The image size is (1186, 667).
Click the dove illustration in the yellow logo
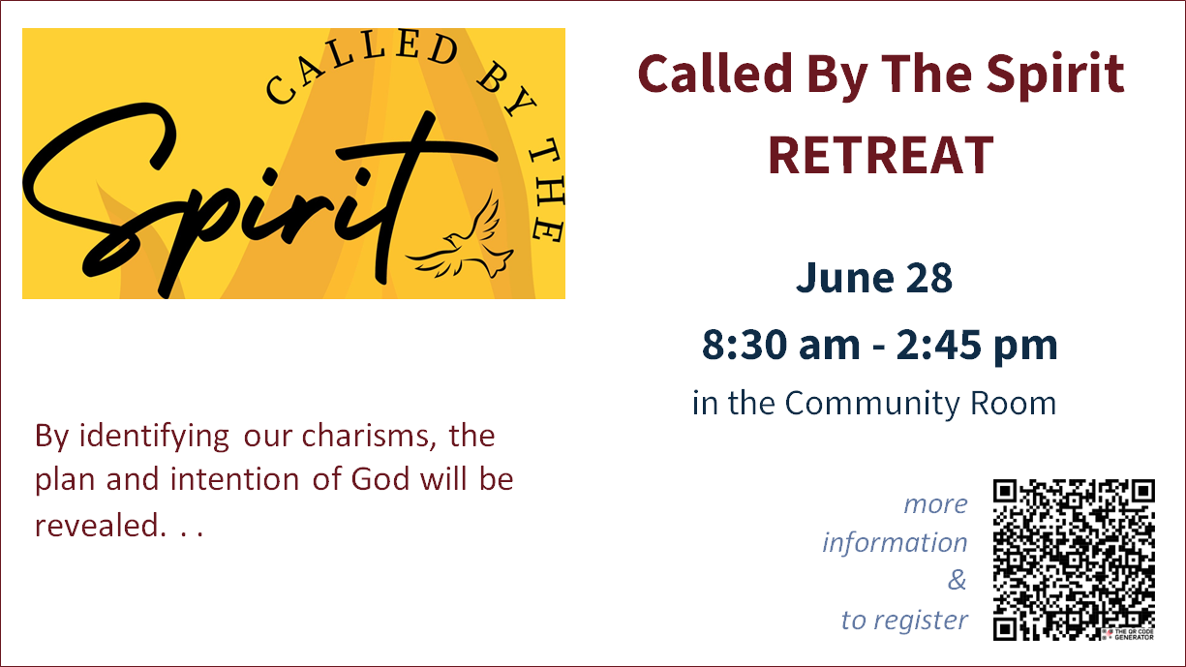[460, 238]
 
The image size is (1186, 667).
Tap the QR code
[1074, 560]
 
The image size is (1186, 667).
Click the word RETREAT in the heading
[880, 155]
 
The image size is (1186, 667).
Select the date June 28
[874, 278]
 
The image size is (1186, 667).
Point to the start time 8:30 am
[781, 345]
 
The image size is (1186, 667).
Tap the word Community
[872, 404]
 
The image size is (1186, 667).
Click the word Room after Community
[1013, 404]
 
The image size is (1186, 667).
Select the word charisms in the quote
[370, 437]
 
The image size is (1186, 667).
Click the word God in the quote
[380, 479]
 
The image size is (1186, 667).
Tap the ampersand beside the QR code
[958, 580]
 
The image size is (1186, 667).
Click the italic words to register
[905, 621]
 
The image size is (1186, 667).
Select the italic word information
[895, 542]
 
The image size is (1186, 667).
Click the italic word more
[935, 504]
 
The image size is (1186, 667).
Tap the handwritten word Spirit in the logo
[259, 198]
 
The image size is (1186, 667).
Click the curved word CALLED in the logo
[361, 65]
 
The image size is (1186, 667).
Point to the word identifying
[154, 438]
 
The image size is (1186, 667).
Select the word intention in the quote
[234, 479]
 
